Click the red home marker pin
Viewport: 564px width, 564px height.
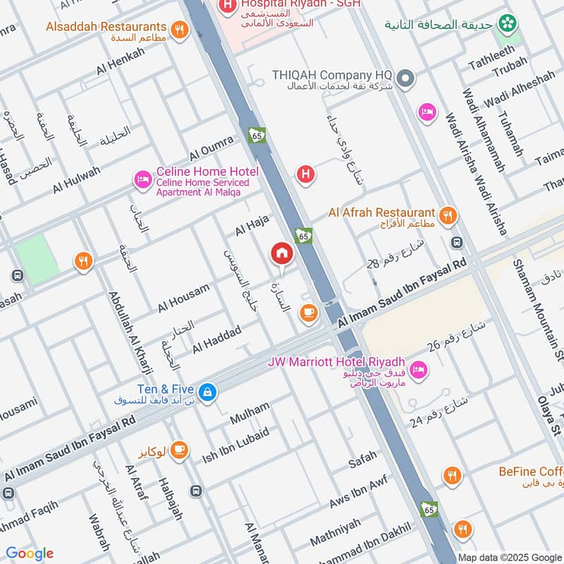[x=281, y=253]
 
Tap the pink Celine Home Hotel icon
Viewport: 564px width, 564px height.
[x=143, y=181]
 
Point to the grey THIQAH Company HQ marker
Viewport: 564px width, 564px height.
[x=405, y=78]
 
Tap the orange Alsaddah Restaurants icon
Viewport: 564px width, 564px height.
[x=180, y=30]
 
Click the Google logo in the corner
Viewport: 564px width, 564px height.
[x=29, y=553]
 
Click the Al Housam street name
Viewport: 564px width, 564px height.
[x=184, y=297]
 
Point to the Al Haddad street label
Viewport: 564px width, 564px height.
[x=216, y=340]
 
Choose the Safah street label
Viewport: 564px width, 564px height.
[x=362, y=462]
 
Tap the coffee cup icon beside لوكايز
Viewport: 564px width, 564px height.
[x=179, y=449]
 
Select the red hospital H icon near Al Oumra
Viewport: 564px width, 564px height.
[x=305, y=173]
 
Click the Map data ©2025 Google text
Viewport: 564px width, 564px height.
[x=510, y=557]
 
